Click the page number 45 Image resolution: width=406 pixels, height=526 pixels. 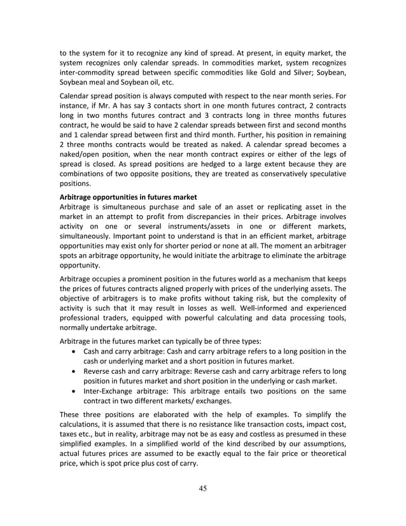tap(202, 489)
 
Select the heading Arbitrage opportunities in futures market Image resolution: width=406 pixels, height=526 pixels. tap(127, 197)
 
